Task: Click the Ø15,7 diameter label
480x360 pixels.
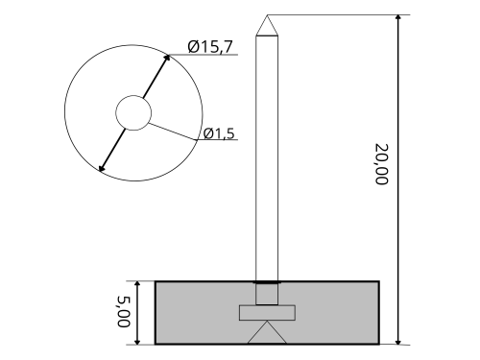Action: click(x=210, y=47)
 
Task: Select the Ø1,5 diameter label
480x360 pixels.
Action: click(x=219, y=133)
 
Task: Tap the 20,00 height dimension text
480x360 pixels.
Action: click(x=381, y=164)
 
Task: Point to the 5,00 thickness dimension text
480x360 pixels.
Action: click(x=124, y=312)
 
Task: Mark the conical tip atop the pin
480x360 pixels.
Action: click(x=267, y=25)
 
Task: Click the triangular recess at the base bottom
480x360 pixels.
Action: click(x=267, y=332)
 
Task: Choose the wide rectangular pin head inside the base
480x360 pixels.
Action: click(x=267, y=313)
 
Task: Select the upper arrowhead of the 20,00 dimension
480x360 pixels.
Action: click(x=398, y=18)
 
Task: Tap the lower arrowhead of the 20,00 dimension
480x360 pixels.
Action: click(x=398, y=342)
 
